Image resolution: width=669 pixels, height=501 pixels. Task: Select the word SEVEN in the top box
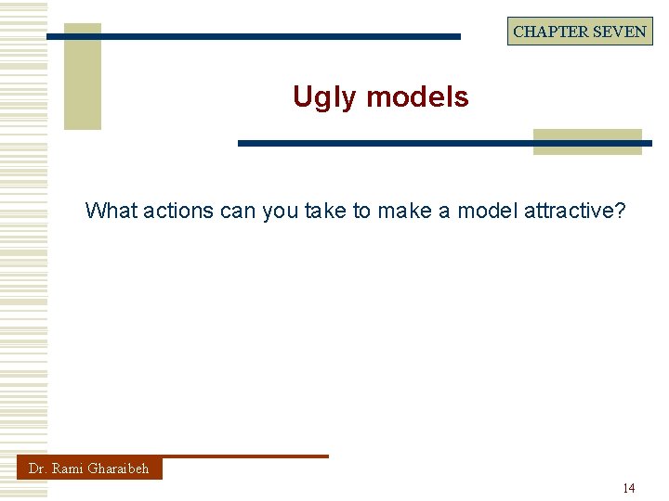tap(621, 32)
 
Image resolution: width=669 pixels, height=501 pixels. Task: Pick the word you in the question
tap(280, 211)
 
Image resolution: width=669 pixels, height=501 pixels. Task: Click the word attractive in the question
tap(569, 211)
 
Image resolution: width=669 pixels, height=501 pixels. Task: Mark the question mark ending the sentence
tap(620, 211)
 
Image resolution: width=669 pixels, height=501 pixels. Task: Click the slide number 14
tap(629, 488)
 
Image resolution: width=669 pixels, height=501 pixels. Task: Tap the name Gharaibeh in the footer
tap(118, 469)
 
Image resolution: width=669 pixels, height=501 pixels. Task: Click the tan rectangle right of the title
tap(587, 142)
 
